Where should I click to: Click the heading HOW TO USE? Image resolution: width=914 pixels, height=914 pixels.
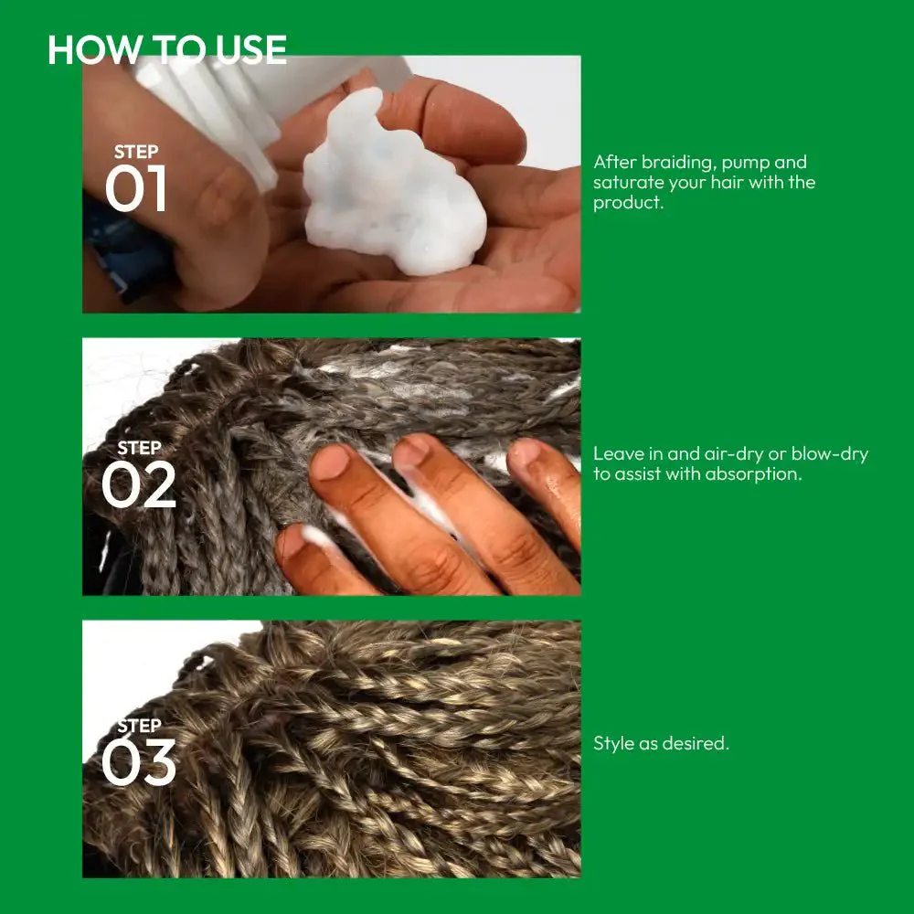[x=166, y=49]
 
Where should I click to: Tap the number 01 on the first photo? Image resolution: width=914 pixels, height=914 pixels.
[x=136, y=187]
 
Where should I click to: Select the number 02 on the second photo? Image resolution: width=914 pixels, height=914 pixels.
[x=138, y=484]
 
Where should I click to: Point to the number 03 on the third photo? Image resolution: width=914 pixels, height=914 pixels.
[x=138, y=762]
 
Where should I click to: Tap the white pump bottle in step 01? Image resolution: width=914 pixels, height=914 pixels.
[x=233, y=105]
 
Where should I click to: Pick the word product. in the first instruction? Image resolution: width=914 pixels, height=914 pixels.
[x=629, y=203]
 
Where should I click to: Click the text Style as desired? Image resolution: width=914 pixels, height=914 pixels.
[x=661, y=743]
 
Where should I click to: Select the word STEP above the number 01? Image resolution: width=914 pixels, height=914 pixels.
[x=136, y=152]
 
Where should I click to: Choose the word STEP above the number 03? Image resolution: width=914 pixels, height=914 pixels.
[x=139, y=726]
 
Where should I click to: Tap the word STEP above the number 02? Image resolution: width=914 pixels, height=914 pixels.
[x=139, y=448]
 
